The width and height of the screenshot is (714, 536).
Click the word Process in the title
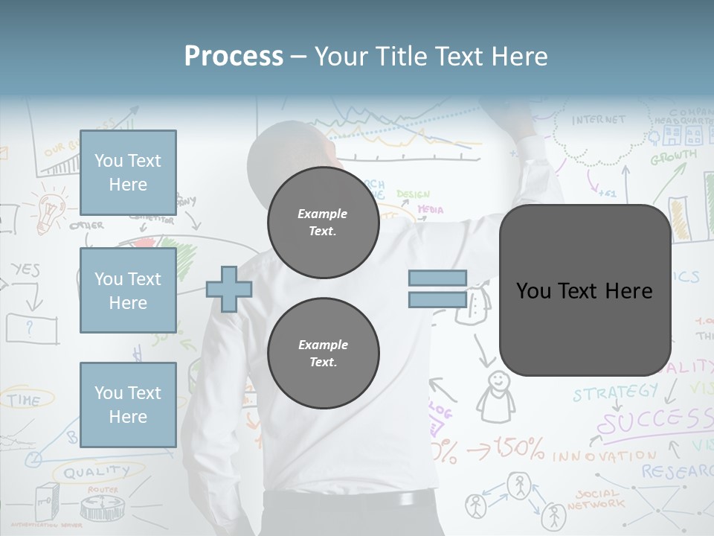(234, 57)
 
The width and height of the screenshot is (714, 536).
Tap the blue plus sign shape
(228, 289)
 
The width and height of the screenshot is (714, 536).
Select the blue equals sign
(437, 289)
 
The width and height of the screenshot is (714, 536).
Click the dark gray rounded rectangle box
(585, 290)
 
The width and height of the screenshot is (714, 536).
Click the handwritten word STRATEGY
(615, 392)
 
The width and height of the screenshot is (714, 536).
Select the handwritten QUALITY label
(96, 470)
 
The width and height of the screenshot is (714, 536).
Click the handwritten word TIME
(24, 400)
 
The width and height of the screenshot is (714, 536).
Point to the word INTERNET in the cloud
(599, 119)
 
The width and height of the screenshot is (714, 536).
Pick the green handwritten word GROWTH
(673, 158)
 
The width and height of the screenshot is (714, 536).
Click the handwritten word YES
(25, 269)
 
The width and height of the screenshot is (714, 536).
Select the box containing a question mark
(31, 328)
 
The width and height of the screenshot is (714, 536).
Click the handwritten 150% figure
(519, 449)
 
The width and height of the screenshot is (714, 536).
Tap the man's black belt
(350, 500)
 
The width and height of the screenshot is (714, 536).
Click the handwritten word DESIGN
(413, 194)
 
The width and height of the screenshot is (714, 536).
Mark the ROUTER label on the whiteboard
(103, 489)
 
